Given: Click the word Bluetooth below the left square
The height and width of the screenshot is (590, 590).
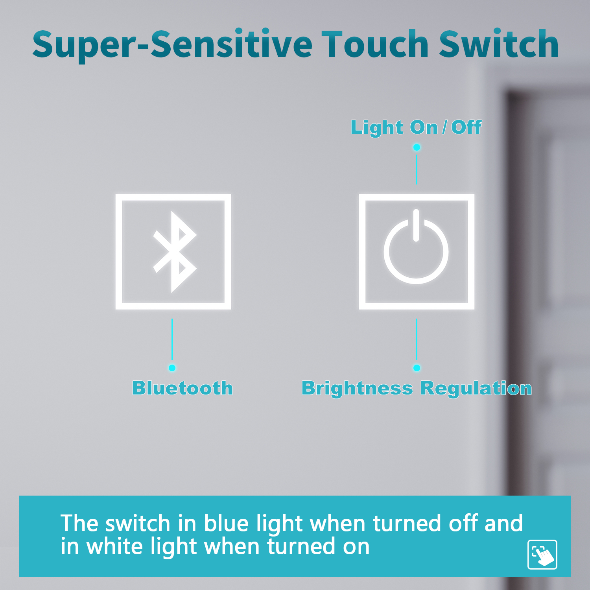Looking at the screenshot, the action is coord(183,388).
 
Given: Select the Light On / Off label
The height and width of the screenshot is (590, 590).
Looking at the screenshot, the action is coord(416,127).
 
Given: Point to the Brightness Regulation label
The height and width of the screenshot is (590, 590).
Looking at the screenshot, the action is coord(417,389).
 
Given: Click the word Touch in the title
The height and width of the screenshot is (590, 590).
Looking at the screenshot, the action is coord(375,44).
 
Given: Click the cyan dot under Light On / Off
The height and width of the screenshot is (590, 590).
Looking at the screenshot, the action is coord(417,147).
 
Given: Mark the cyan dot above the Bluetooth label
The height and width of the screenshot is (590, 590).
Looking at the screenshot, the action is coord(172,368).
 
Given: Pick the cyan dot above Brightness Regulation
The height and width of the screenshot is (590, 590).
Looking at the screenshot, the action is coord(417,368).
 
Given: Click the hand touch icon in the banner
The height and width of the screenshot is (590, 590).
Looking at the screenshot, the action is coord(542,555).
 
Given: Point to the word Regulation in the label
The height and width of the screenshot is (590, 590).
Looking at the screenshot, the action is coord(476,389).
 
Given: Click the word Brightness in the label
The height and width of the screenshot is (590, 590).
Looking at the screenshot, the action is coord(357,389).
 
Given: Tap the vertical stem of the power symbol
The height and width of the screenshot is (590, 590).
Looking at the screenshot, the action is coord(416,225).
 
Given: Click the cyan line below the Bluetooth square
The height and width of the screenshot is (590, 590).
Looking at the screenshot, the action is coord(172,339).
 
